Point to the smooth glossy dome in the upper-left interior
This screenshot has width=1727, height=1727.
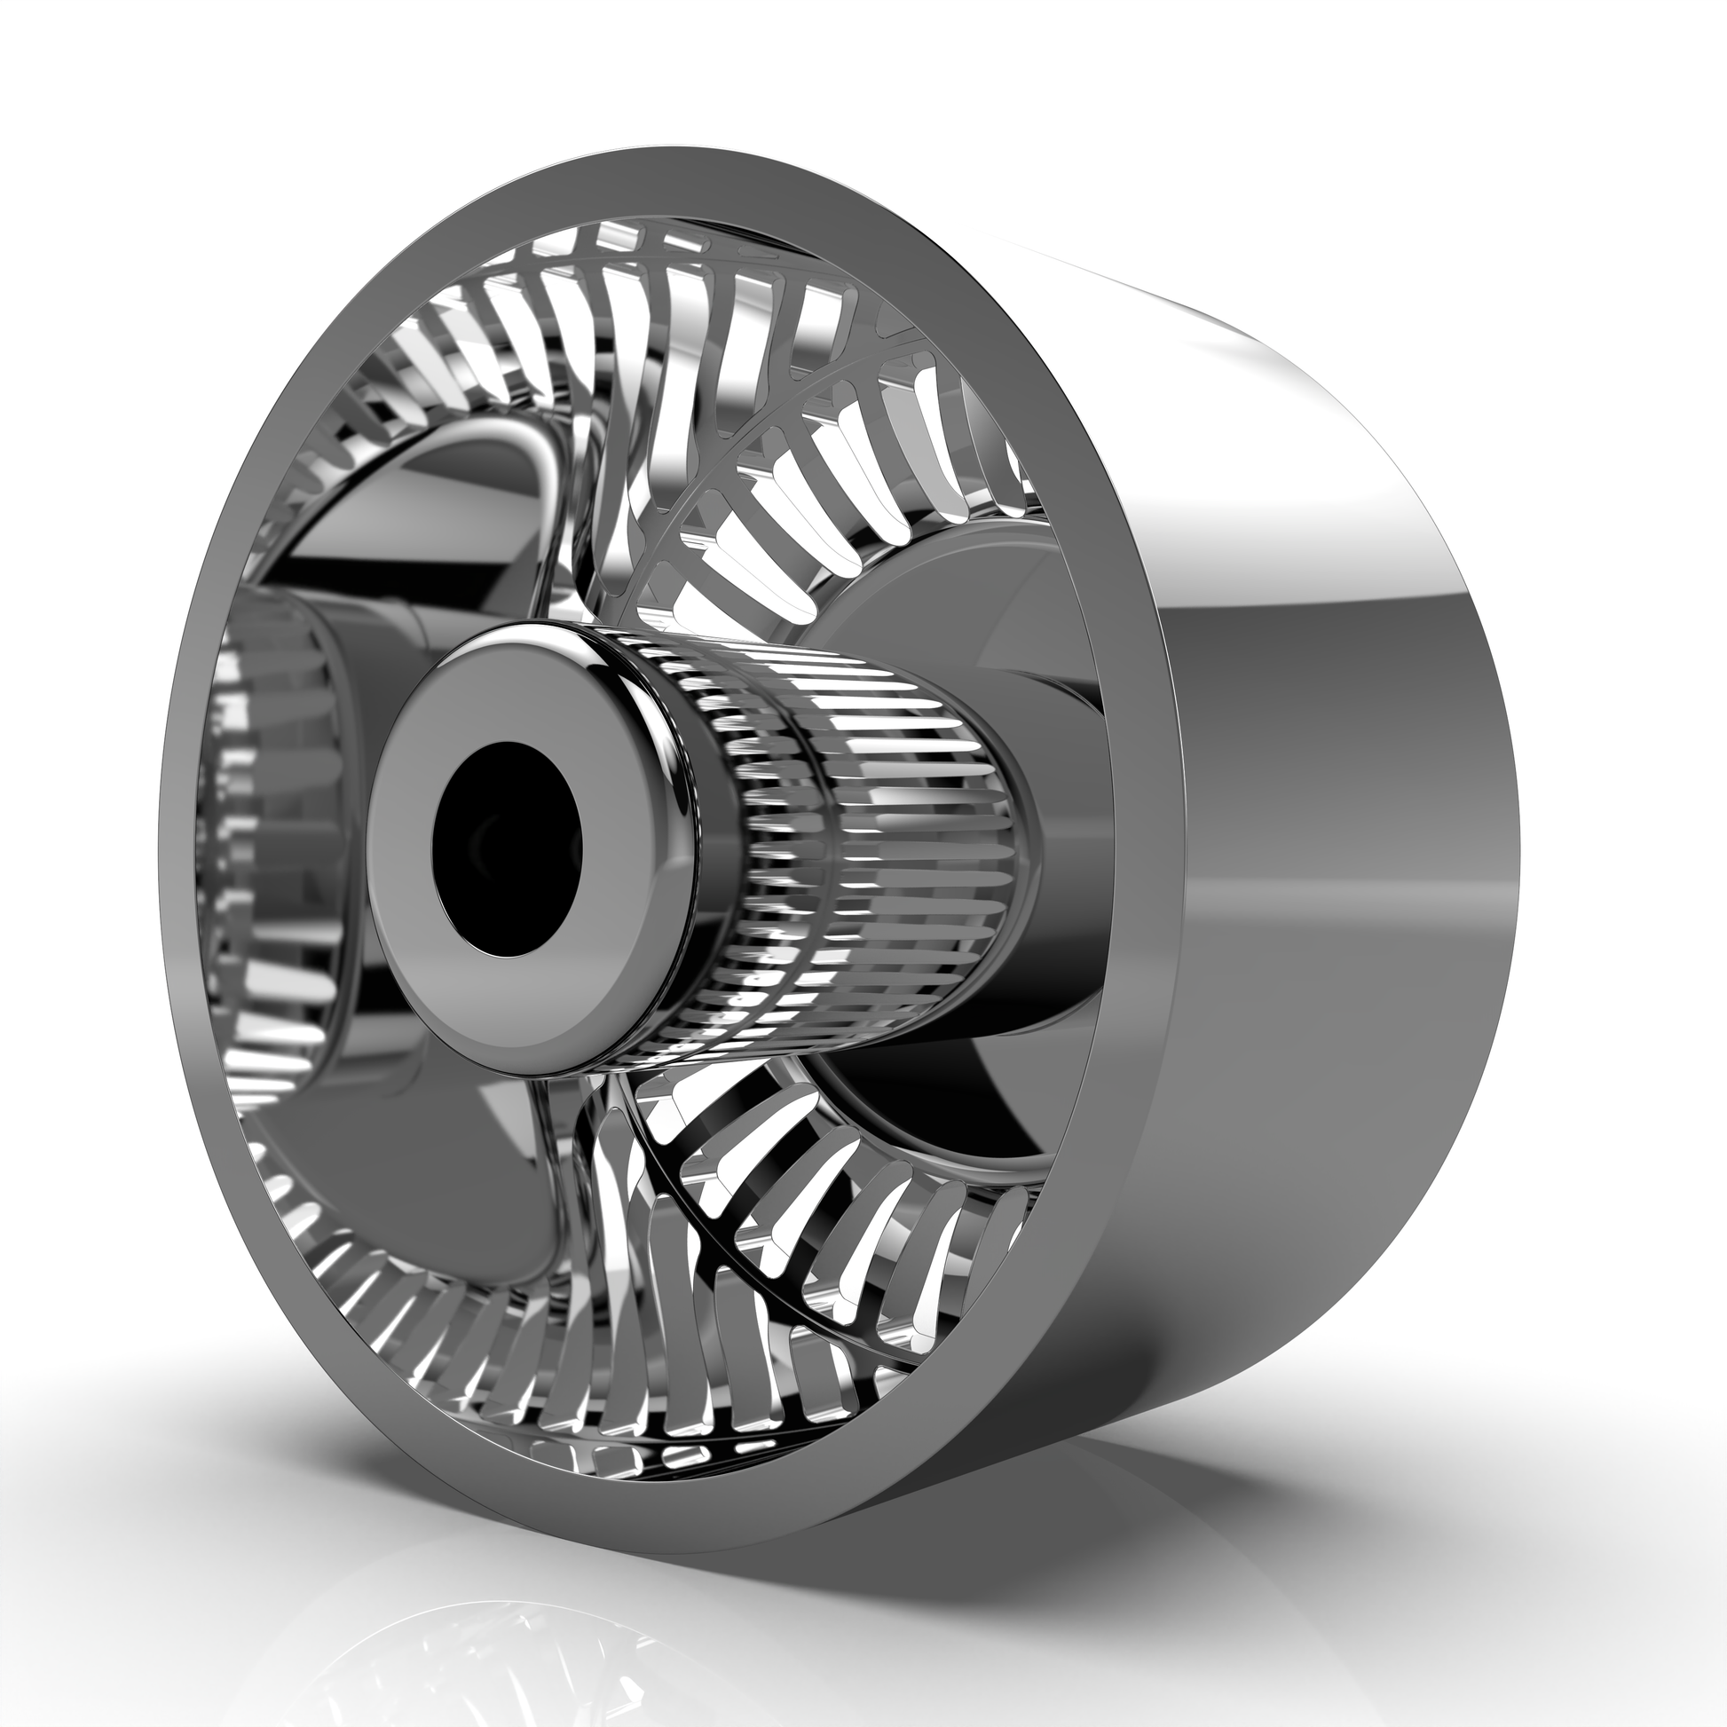click(429, 501)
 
